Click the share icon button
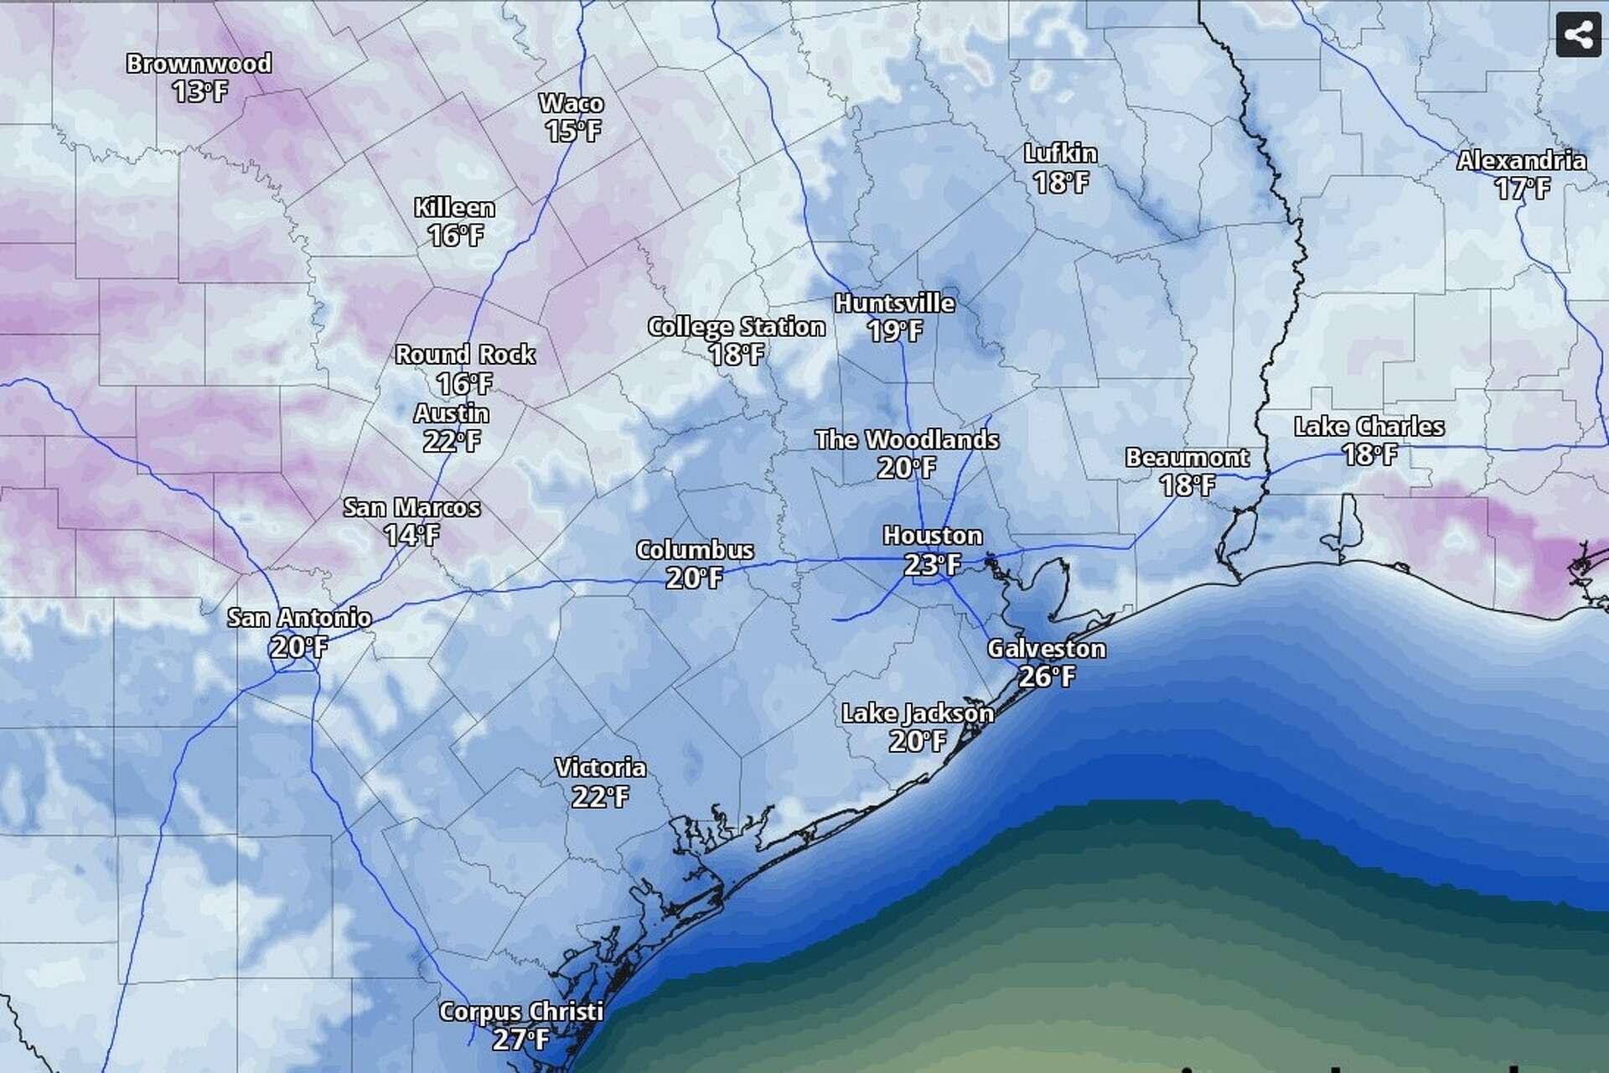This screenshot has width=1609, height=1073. coord(1578,35)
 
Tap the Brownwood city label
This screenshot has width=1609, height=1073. coord(199,64)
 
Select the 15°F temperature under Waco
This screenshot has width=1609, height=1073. coord(573,131)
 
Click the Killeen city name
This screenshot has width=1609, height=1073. coord(455,208)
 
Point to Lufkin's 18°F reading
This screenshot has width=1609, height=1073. coord(1061,182)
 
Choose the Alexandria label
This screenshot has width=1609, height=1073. coord(1521,161)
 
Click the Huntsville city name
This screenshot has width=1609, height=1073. coord(894,303)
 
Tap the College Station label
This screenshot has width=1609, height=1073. coord(737,327)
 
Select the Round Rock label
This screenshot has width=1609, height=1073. coord(465,355)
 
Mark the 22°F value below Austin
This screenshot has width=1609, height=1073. coord(452,441)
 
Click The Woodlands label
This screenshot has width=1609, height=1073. coord(907,440)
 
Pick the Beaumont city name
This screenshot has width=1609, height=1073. coord(1187,458)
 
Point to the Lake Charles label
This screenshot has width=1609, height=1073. coord(1368,427)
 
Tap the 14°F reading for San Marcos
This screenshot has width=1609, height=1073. coord(411,535)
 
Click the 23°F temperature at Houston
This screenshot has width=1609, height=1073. coord(932,564)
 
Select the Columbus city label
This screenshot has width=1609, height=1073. coord(695,551)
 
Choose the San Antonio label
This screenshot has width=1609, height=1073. coord(299,618)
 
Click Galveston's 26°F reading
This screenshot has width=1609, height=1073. coord(1047,676)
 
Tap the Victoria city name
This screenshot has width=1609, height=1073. coord(600,768)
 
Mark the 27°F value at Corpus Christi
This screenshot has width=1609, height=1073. coord(520,1039)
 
